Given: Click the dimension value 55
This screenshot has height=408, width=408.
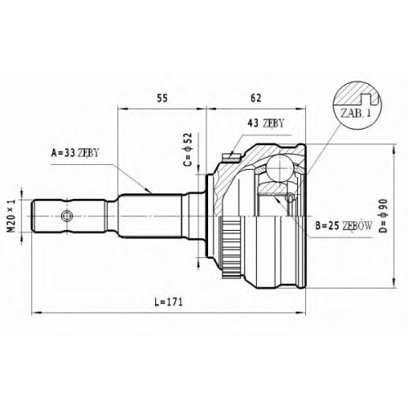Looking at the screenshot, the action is pos(162,98).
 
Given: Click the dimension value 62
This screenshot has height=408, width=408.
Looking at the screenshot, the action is pos(255,98).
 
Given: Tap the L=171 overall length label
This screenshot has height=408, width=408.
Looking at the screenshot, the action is pos(169,302).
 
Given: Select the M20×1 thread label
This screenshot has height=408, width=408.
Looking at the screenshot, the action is pos(11,215).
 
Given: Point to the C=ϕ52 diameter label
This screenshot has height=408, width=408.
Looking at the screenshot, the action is pos(188,149).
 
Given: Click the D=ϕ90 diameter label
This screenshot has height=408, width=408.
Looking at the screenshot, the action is pos(383,216).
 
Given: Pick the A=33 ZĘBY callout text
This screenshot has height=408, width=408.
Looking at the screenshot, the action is pos(75,153).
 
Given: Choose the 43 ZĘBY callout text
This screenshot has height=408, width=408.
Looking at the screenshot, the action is pos(265,123).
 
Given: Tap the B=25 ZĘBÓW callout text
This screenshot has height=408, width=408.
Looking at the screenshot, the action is pos(344,225).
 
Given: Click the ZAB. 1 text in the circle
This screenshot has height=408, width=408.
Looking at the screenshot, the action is pos(356,113).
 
